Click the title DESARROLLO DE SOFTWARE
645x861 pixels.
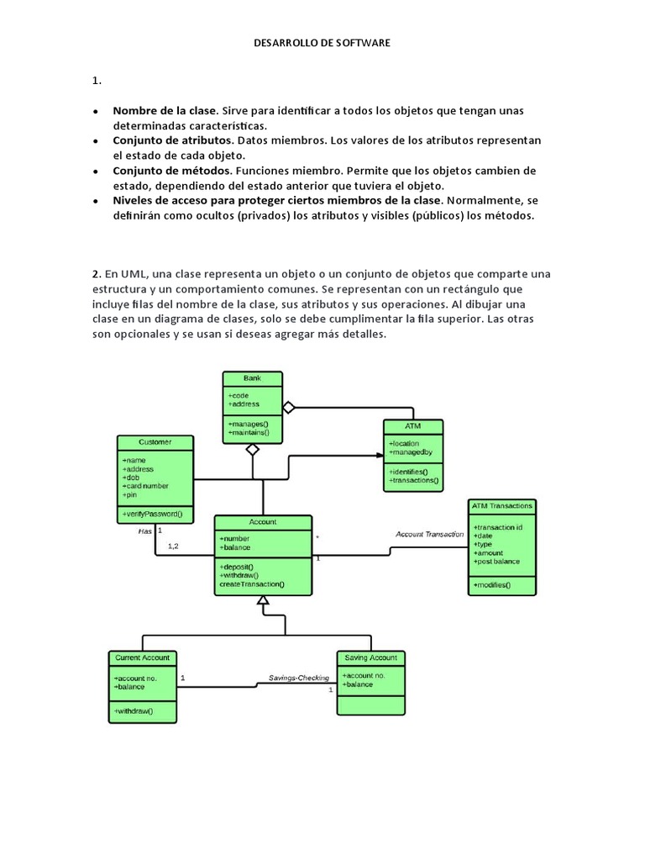322,41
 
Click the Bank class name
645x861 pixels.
252,378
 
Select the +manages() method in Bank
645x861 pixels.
248,424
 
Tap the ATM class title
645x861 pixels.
412,426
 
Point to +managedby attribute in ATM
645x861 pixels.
410,452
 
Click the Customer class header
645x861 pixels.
155,442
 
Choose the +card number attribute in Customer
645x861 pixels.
145,486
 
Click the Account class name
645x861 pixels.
263,522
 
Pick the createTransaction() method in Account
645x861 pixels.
252,584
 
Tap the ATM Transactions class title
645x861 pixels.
502,506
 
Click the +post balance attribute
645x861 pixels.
497,562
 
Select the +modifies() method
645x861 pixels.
492,584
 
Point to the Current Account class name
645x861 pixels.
142,658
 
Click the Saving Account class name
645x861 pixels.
370,658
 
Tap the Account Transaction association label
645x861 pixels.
429,534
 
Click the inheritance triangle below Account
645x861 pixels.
263,601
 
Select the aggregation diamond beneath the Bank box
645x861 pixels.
252,449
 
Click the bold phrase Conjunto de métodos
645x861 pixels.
160,171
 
